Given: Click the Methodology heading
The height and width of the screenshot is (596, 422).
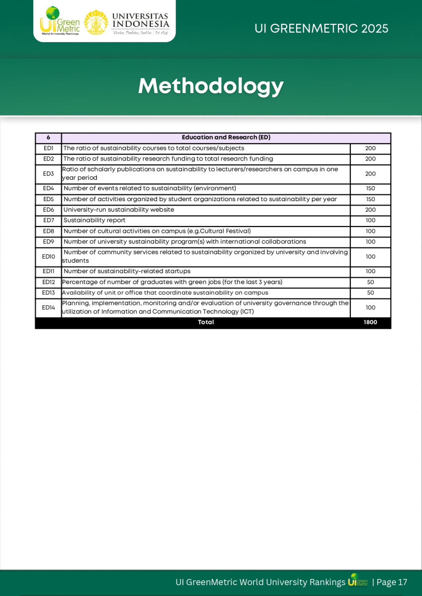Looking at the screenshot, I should tap(211, 86).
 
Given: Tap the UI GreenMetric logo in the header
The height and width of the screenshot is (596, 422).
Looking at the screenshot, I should tap(60, 21).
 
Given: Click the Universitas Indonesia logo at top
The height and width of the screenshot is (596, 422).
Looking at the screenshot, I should tap(127, 22).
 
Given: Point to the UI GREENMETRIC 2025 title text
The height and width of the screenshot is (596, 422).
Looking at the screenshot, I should tap(321, 28).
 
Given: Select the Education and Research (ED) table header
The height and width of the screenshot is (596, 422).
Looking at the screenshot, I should tap(226, 138).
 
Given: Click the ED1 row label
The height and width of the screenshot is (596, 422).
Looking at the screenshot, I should tap(48, 148).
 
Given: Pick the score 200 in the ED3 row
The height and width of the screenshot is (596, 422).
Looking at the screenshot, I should tap(370, 174).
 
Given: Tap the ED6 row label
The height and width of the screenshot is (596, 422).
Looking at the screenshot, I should tap(48, 210).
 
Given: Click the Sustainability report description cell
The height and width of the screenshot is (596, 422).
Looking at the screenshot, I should tap(94, 220).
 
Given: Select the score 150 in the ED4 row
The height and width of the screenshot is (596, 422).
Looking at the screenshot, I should tap(370, 188).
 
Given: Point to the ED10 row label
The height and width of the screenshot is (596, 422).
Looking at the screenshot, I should tap(48, 257).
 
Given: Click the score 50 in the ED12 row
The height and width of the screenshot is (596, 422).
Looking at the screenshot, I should tap(370, 282).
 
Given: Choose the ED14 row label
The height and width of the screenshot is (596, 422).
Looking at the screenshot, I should tap(48, 307).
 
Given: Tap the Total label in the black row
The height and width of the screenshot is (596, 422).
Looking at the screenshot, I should tap(206, 322).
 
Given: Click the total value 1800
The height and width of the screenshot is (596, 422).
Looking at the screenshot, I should tap(370, 322).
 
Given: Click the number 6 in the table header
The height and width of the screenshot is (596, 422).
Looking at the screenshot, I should tap(48, 138).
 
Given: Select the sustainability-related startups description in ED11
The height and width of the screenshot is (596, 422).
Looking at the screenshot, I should tap(127, 271).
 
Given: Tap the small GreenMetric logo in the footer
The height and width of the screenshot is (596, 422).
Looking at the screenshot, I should tap(358, 581).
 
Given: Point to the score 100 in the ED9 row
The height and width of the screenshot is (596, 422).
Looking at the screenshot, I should tap(370, 242).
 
